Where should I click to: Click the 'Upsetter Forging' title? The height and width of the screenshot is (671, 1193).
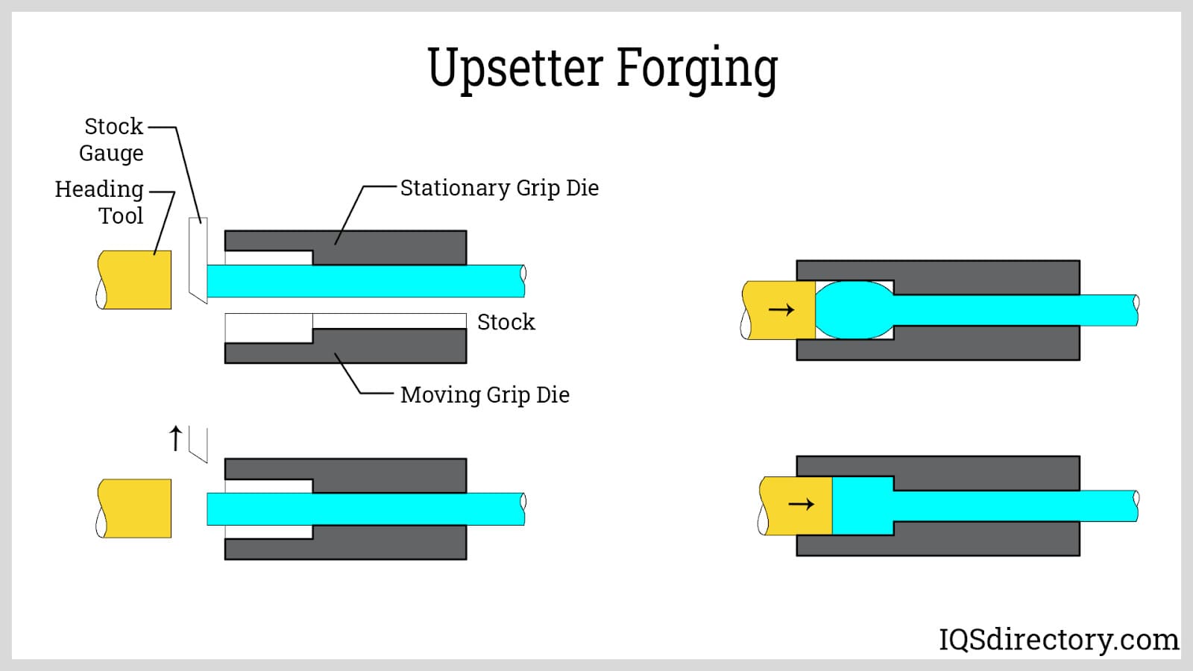(x=602, y=69)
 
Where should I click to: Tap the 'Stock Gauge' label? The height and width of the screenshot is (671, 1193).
(x=112, y=139)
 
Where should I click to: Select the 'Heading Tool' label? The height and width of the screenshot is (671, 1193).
(x=100, y=202)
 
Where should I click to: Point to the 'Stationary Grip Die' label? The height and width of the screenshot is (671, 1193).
(x=499, y=188)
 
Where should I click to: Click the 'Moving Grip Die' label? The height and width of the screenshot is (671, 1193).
(x=485, y=394)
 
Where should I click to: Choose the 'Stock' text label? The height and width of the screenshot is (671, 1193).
(x=506, y=322)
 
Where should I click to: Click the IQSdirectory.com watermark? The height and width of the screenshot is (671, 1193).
(x=1058, y=639)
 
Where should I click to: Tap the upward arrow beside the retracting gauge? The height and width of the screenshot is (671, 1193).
(x=175, y=438)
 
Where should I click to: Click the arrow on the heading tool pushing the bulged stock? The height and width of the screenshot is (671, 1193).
(x=781, y=310)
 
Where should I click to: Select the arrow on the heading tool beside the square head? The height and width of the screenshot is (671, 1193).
(x=801, y=505)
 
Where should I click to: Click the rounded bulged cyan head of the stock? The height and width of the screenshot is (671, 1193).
(x=854, y=309)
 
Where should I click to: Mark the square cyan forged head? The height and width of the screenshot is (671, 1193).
(x=862, y=505)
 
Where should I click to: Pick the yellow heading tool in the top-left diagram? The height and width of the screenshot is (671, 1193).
(x=136, y=280)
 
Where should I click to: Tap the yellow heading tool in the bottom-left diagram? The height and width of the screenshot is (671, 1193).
(x=136, y=508)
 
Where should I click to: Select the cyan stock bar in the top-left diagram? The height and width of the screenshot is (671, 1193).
(x=365, y=281)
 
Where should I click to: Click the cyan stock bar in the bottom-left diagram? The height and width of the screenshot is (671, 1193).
(x=365, y=509)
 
